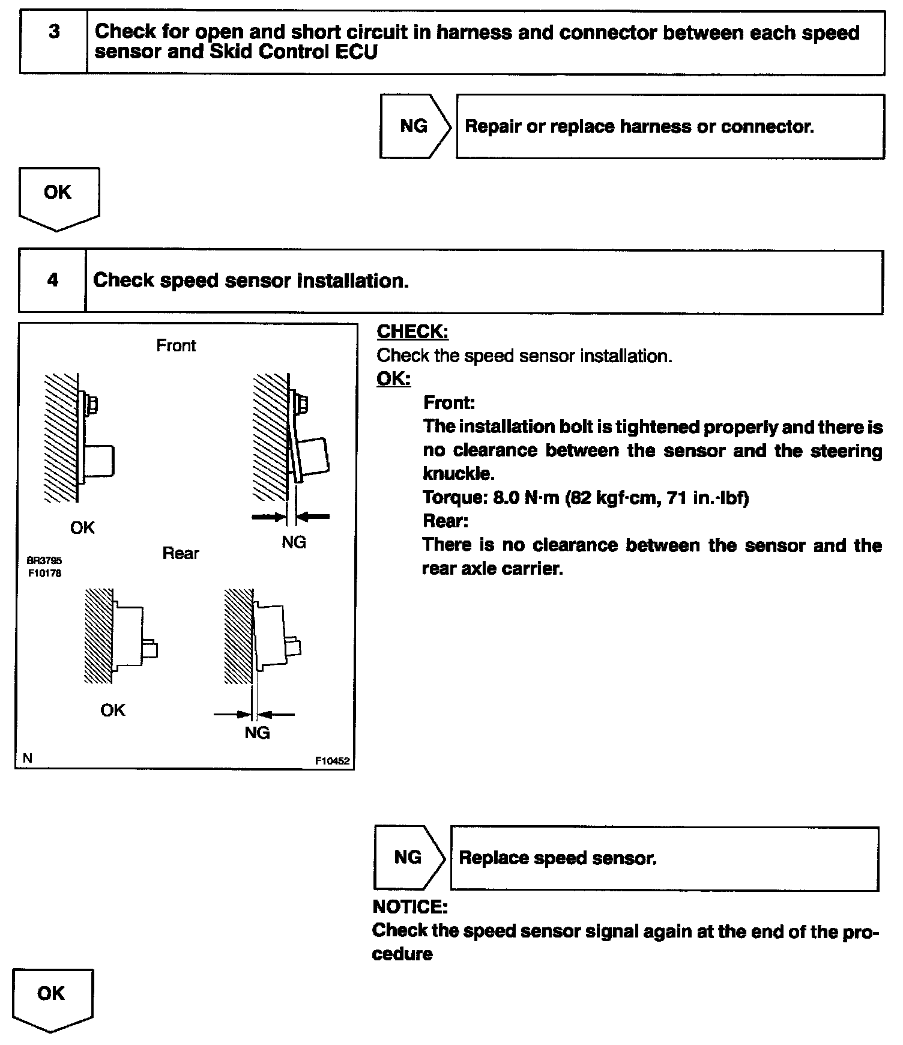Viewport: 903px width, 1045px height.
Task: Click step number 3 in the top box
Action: tap(54, 32)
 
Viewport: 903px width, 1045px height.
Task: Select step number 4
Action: tap(53, 280)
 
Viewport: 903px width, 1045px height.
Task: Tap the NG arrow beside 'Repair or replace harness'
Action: tap(414, 126)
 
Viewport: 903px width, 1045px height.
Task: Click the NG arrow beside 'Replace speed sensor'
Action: tap(408, 857)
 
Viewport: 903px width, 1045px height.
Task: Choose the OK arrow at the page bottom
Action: tap(52, 997)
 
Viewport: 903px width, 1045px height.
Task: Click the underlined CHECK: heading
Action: tap(412, 332)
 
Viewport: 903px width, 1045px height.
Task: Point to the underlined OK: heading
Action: tap(393, 379)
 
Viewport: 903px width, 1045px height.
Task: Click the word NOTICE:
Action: tap(410, 906)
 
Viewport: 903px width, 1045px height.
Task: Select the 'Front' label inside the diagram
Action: tap(176, 346)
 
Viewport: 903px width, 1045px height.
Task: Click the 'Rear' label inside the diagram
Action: tap(180, 553)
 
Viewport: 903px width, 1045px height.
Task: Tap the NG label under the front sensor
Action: tap(294, 542)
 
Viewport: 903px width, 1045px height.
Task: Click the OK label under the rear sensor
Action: tap(113, 710)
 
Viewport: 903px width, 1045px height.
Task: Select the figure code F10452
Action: tap(332, 761)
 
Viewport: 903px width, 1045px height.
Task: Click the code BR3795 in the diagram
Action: tap(44, 560)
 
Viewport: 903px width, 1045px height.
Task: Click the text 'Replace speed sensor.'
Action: tap(558, 858)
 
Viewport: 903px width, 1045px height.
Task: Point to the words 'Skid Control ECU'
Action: tap(294, 52)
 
